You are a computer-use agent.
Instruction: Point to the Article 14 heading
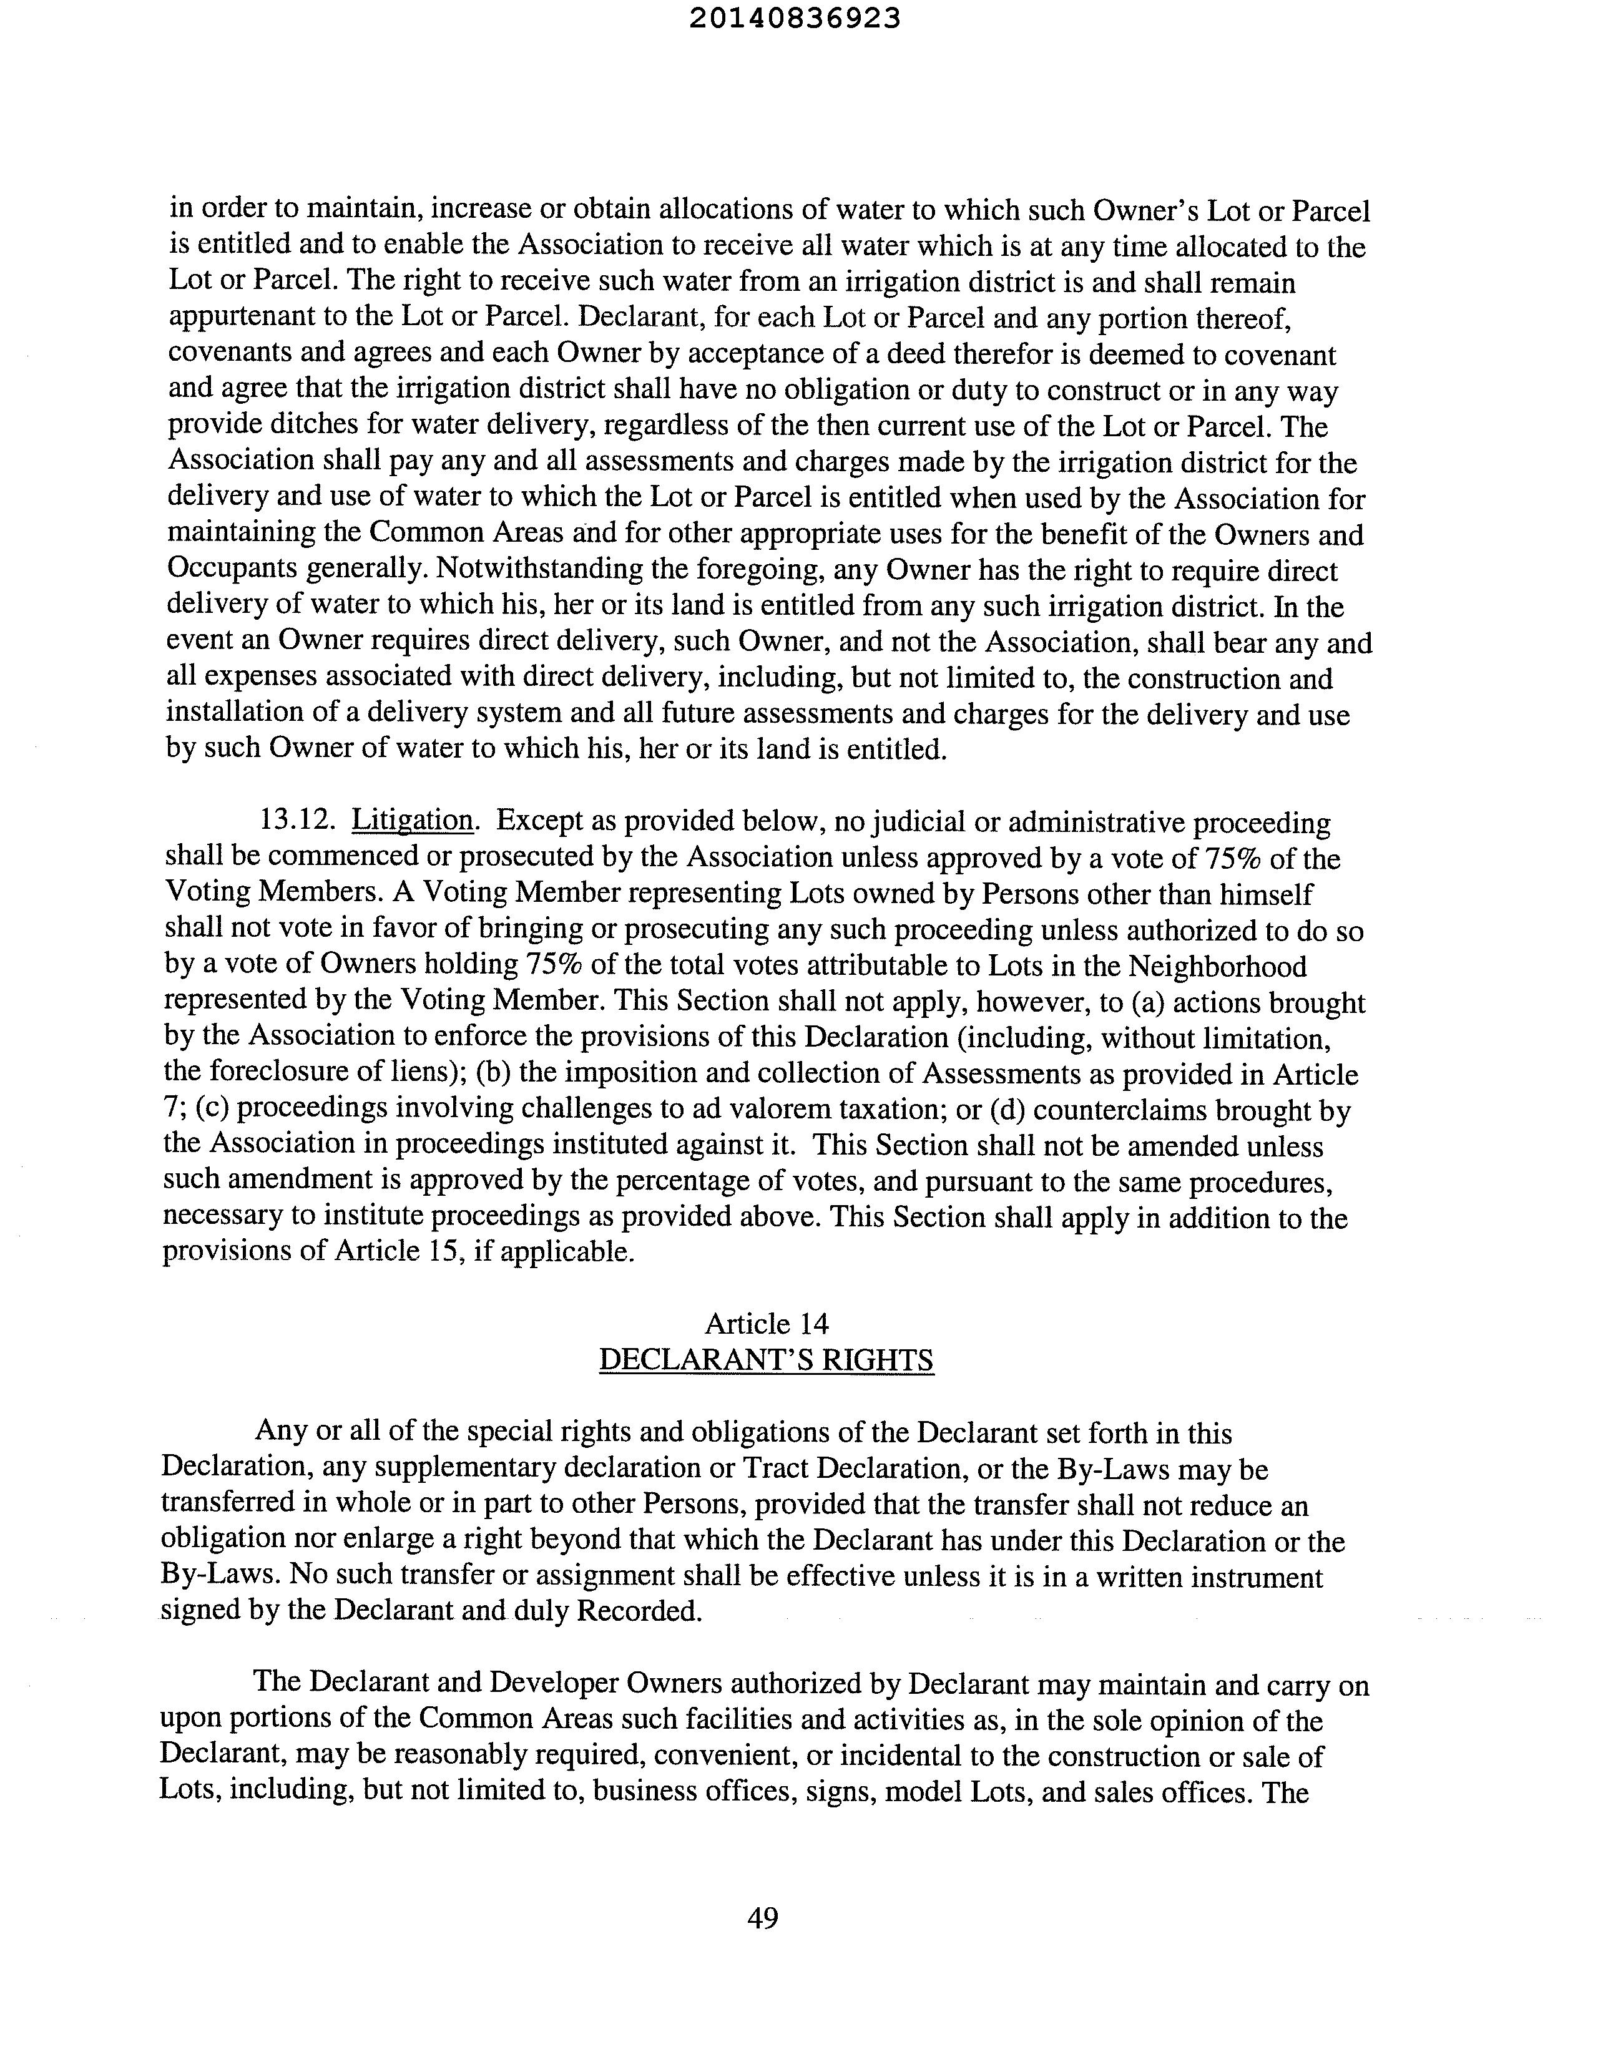tap(767, 1323)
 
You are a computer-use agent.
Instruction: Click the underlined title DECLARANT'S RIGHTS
tap(767, 1360)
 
